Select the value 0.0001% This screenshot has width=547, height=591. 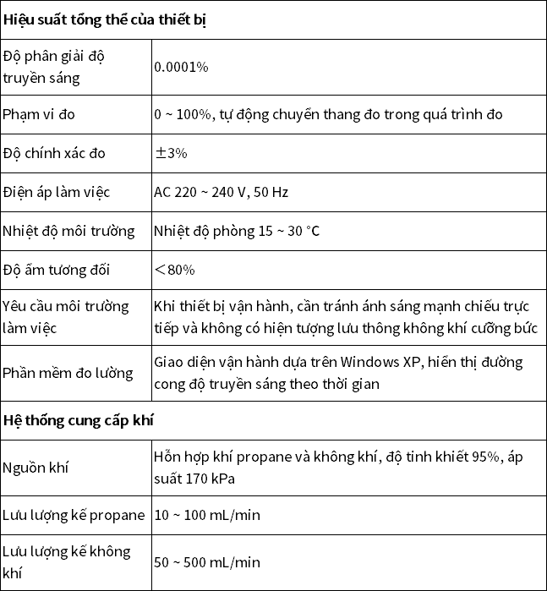click(181, 67)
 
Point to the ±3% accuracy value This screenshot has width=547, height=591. click(171, 153)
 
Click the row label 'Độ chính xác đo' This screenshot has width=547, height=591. click(57, 153)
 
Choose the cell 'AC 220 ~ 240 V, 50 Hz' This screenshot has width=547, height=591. click(222, 192)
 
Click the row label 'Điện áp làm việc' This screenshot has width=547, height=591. click(57, 192)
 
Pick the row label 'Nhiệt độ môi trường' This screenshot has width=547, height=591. click(69, 231)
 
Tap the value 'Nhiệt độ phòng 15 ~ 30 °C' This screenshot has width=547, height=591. click(237, 231)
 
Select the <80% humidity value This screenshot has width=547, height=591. click(174, 270)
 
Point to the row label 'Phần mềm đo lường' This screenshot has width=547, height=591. click(68, 373)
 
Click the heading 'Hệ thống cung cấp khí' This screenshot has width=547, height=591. click(78, 419)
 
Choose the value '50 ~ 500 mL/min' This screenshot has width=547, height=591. click(207, 562)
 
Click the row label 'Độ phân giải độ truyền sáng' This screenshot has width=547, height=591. click(55, 67)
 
